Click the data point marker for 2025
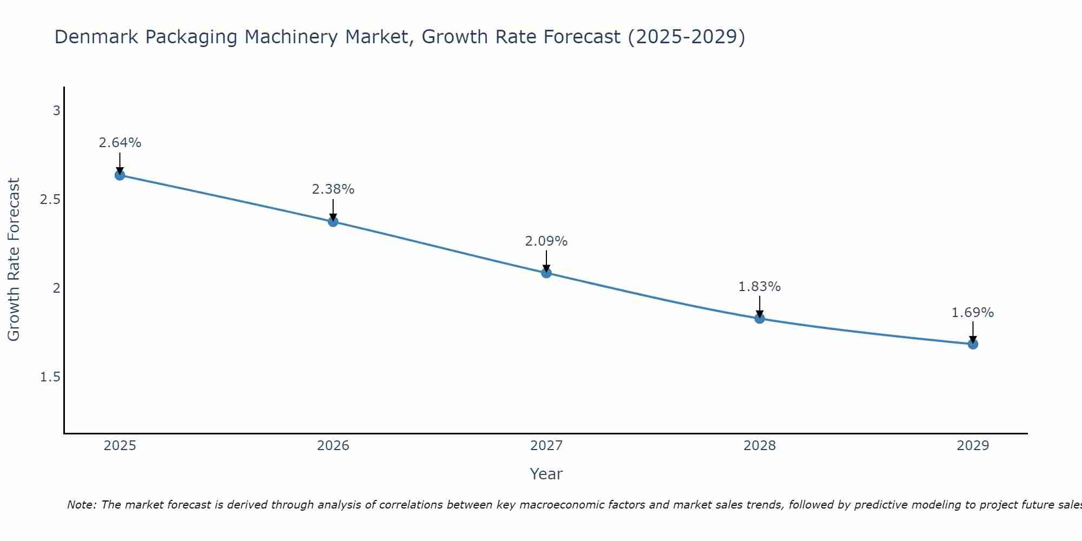pyautogui.click(x=120, y=175)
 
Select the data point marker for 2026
pyautogui.click(x=333, y=222)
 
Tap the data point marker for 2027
pyautogui.click(x=546, y=273)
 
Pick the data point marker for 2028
pyautogui.click(x=760, y=319)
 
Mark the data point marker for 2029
pyautogui.click(x=973, y=344)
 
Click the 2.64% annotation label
pyautogui.click(x=120, y=143)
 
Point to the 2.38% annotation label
pyautogui.click(x=333, y=189)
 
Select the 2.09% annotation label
pyautogui.click(x=546, y=241)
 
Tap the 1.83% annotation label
pyautogui.click(x=760, y=287)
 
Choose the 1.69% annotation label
pyautogui.click(x=973, y=313)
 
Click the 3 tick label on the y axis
pyautogui.click(x=56, y=111)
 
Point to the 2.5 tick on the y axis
pyautogui.click(x=50, y=200)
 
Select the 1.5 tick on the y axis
pyautogui.click(x=50, y=377)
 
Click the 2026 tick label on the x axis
pyautogui.click(x=333, y=446)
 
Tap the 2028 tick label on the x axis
pyautogui.click(x=760, y=446)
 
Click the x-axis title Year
pyautogui.click(x=546, y=474)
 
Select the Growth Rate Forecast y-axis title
pyautogui.click(x=14, y=260)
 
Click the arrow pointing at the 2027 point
pyautogui.click(x=546, y=261)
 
